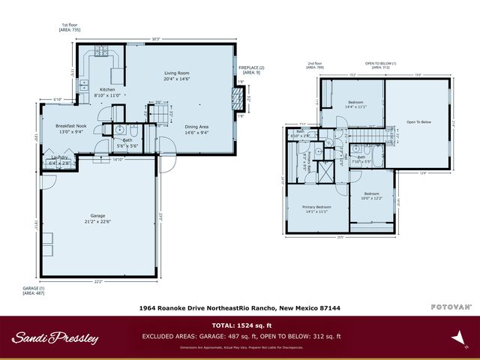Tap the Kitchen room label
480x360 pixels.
(109, 90)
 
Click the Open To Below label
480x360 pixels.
(418, 121)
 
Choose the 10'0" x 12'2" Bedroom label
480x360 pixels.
(370, 198)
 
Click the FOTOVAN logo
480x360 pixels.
(450, 307)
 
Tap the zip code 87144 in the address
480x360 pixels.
(328, 307)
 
